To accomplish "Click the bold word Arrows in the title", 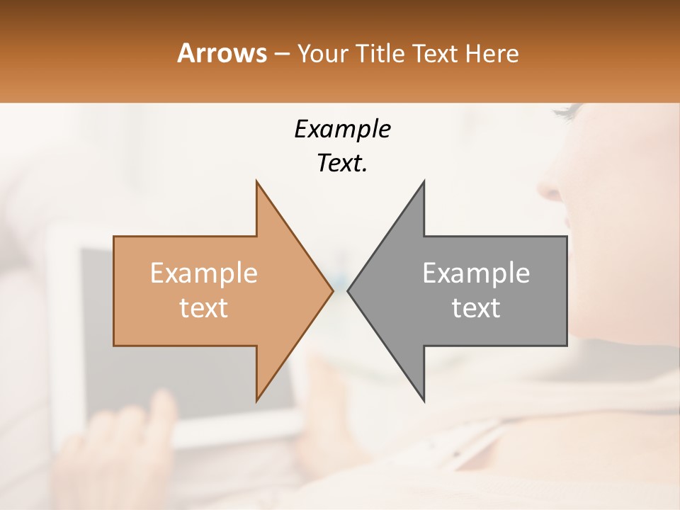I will (x=222, y=53).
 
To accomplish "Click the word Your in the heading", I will (x=322, y=53).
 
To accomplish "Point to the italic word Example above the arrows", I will (x=342, y=130).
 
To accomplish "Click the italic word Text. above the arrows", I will (x=342, y=164).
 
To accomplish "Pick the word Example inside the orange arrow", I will (x=204, y=273).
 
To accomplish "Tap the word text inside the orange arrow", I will (x=204, y=308).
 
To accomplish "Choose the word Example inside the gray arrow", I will (x=476, y=273).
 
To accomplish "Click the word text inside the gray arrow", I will (x=476, y=308).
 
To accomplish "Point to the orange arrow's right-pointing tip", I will (x=332, y=290).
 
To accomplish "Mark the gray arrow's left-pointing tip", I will (x=348, y=290).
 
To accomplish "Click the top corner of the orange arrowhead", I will (x=256, y=181).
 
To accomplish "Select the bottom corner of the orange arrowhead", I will (x=256, y=400).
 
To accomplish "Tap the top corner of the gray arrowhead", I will (x=424, y=181).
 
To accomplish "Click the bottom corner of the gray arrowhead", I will (x=424, y=401).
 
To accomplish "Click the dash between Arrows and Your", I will (x=281, y=55).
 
